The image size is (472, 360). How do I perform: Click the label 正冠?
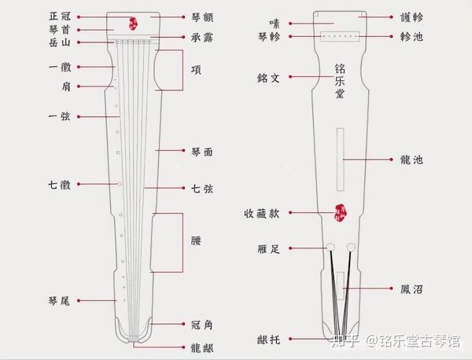[59, 16]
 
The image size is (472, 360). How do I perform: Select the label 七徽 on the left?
[59, 185]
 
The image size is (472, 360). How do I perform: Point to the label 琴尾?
[59, 300]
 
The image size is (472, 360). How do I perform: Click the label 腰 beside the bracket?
[196, 241]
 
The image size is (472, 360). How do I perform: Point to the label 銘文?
[268, 77]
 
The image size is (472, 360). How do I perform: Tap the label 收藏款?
[262, 212]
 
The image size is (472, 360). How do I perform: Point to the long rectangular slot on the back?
[339, 159]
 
